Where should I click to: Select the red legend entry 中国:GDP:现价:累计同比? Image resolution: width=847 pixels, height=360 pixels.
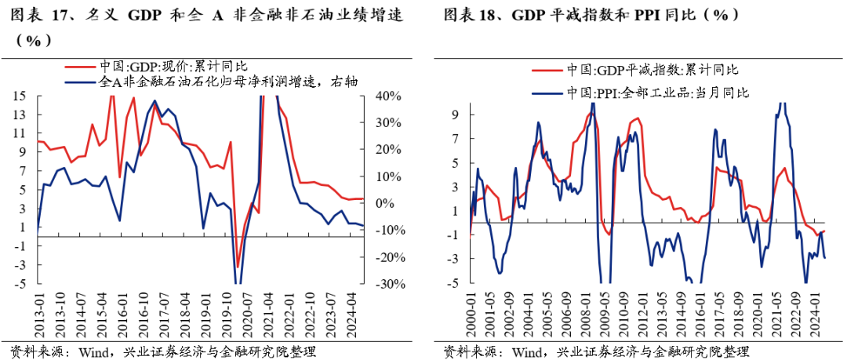(173, 67)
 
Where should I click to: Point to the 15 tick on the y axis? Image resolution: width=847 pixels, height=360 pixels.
(19, 96)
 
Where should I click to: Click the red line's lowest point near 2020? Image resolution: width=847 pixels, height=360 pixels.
(238, 267)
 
